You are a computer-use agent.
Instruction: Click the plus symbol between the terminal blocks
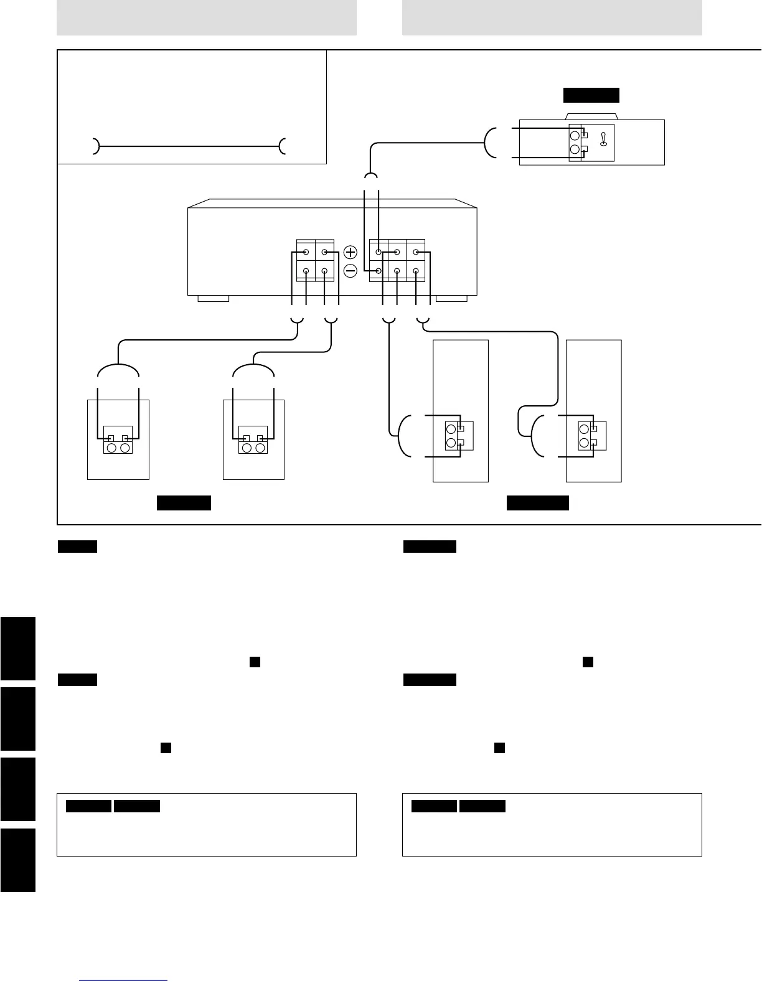(x=350, y=252)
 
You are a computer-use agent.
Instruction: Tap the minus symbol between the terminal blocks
(x=350, y=271)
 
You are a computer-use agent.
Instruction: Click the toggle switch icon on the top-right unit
(x=603, y=140)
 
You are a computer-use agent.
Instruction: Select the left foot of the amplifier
(x=213, y=299)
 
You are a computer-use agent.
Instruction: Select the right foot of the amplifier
(x=451, y=299)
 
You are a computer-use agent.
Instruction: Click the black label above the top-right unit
(x=591, y=95)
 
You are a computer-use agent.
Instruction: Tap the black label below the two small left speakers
(x=184, y=503)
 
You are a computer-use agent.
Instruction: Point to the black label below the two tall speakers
(x=537, y=503)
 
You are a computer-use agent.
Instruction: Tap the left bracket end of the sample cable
(x=95, y=146)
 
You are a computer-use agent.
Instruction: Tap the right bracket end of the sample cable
(x=283, y=146)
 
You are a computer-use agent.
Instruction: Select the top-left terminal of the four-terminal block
(x=306, y=253)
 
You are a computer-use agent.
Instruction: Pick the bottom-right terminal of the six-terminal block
(x=416, y=271)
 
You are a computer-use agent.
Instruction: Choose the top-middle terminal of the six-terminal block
(x=397, y=253)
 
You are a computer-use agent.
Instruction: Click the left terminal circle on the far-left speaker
(x=111, y=448)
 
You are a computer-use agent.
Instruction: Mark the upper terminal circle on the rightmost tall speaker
(x=584, y=429)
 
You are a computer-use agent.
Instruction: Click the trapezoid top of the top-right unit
(x=591, y=116)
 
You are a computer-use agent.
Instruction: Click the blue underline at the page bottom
(x=124, y=981)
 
